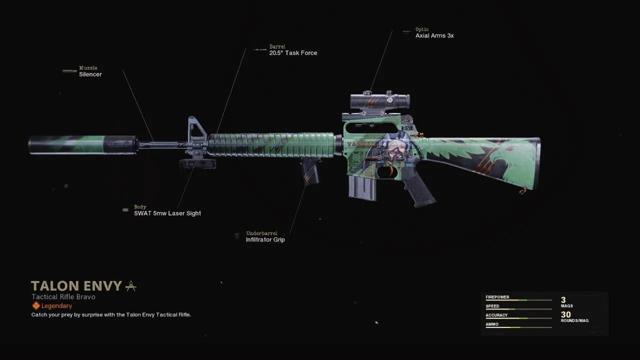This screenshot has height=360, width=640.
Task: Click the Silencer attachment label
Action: (x=90, y=74)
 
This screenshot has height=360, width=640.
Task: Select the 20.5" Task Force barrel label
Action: (x=293, y=53)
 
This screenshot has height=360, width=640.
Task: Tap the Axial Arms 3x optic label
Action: (x=434, y=35)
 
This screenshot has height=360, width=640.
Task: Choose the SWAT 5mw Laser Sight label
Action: (x=167, y=213)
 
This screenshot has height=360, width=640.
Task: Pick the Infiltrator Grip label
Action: (x=265, y=239)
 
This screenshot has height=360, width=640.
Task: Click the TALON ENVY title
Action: (x=76, y=285)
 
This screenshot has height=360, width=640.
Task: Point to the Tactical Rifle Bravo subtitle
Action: (x=63, y=297)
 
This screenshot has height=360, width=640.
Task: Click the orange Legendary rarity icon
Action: (x=36, y=305)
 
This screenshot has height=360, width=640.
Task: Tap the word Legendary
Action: (x=56, y=305)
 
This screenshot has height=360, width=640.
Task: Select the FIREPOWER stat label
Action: (x=497, y=297)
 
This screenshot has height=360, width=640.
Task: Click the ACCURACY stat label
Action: (x=496, y=315)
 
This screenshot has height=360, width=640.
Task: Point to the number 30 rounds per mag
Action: (x=565, y=314)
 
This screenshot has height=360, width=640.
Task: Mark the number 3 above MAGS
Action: (x=563, y=299)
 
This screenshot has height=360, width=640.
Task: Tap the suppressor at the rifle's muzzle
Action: (x=83, y=145)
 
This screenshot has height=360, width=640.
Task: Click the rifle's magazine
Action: (x=362, y=187)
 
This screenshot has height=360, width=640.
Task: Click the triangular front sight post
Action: (x=196, y=129)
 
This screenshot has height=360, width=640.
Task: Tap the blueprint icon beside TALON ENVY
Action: (x=131, y=286)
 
